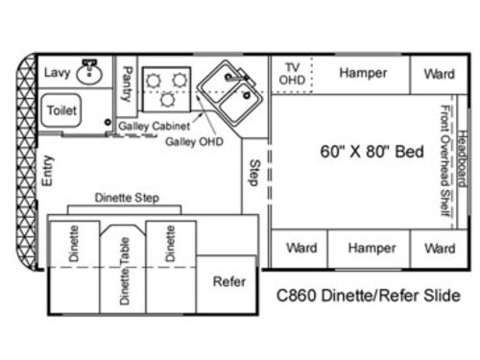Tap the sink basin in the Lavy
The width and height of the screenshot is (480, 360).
click(x=90, y=71)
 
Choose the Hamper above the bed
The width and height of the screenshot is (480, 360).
click(x=364, y=73)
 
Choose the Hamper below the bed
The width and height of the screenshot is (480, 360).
click(x=372, y=248)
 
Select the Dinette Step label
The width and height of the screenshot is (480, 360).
click(x=126, y=198)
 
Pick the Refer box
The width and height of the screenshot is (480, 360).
click(x=228, y=282)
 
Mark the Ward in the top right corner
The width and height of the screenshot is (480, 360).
click(x=439, y=73)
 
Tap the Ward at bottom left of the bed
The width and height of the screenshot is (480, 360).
click(x=300, y=248)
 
